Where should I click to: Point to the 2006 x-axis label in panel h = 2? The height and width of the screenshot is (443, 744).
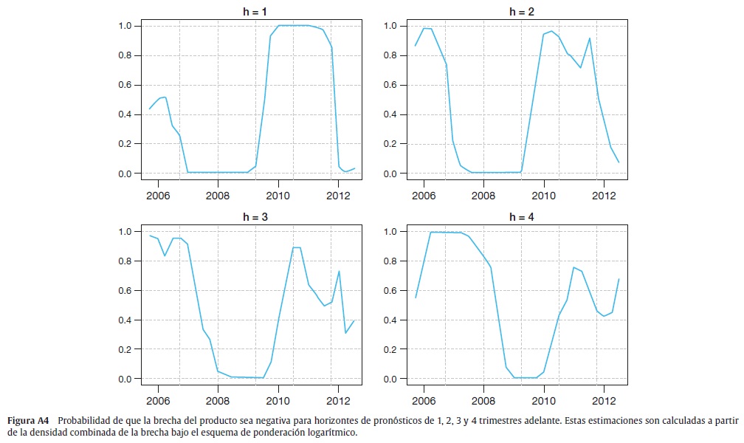pyautogui.click(x=423, y=195)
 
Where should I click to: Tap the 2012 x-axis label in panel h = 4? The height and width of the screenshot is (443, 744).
pyautogui.click(x=604, y=401)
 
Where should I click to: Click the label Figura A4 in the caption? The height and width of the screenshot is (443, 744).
pyautogui.click(x=28, y=421)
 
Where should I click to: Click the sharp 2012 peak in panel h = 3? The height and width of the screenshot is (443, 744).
pyautogui.click(x=338, y=271)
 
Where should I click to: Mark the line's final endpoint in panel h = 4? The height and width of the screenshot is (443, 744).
pyautogui.click(x=619, y=279)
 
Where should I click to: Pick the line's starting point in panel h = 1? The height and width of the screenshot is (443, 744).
pyautogui.click(x=150, y=109)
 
